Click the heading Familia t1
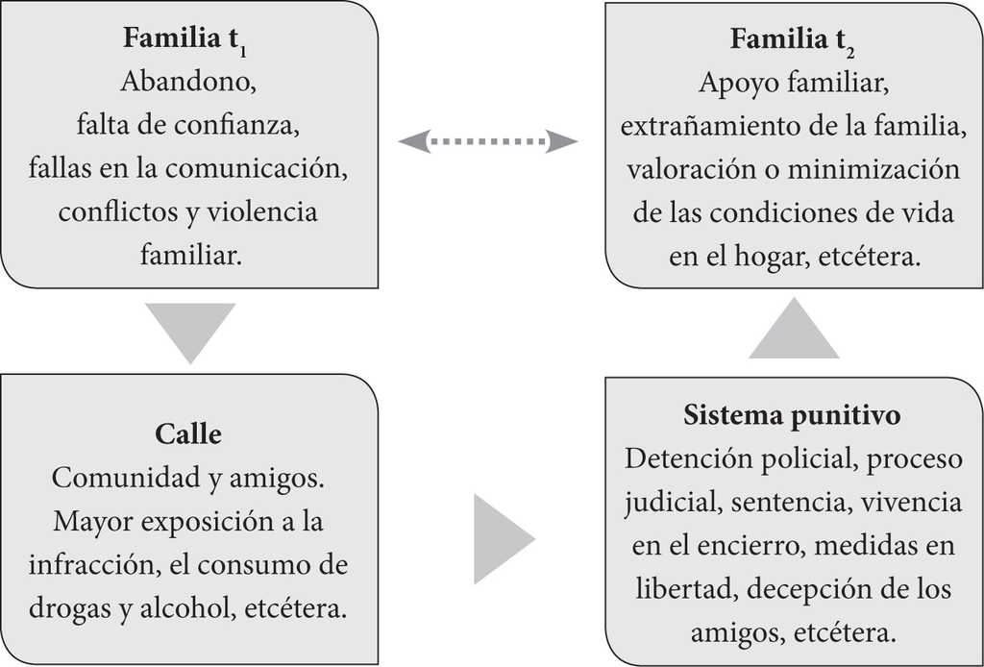coord(188,41)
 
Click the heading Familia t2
coord(793,39)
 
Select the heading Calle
coord(188,434)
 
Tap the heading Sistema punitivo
coord(792,415)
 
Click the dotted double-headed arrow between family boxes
coord(488,142)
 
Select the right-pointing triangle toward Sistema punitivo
coord(501,538)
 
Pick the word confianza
coord(244,125)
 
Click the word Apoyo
coord(735,84)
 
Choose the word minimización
coord(873,169)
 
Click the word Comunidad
coord(115,478)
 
